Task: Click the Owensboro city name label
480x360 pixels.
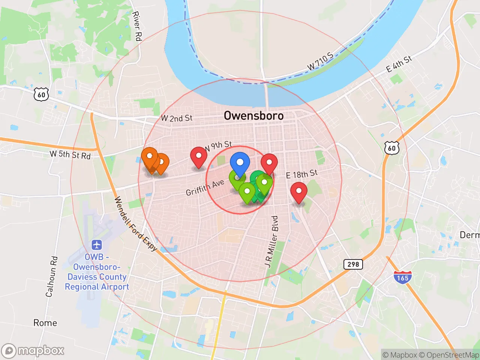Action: (253, 115)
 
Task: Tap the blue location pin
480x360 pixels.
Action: (240, 163)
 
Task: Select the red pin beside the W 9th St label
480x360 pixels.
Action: (199, 157)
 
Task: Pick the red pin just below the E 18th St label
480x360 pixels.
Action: (299, 192)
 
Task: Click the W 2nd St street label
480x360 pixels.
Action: (177, 118)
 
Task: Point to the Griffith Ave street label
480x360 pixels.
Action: (205, 187)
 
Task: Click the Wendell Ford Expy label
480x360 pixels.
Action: (135, 223)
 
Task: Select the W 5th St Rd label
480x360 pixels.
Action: (70, 154)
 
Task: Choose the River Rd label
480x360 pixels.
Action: (137, 26)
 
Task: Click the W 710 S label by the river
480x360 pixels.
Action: (320, 61)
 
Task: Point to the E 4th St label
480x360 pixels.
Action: (399, 64)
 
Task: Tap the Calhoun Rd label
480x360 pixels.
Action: (52, 276)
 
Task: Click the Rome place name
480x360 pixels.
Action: (45, 323)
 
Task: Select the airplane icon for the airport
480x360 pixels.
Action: (97, 245)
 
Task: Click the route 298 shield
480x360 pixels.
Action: (353, 264)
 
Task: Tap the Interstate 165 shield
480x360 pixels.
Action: (402, 277)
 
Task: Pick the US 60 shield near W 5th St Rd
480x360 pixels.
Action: (41, 94)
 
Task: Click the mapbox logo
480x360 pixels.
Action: (33, 351)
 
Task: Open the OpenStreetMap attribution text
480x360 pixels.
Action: (448, 355)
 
